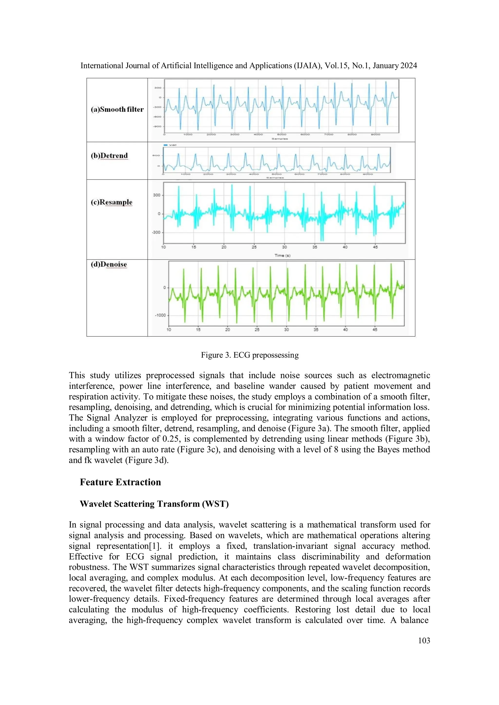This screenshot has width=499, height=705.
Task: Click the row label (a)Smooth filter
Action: click(117, 109)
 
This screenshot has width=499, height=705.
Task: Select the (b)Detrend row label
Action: click(109, 156)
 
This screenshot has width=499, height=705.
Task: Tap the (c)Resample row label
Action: click(112, 202)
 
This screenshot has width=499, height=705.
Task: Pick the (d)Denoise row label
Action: click(109, 264)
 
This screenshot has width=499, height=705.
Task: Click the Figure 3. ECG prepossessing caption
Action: click(249, 355)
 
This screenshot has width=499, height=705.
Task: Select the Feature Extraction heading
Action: click(120, 482)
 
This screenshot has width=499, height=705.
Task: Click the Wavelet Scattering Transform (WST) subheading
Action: click(154, 504)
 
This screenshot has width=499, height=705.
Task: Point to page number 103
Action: click(424, 640)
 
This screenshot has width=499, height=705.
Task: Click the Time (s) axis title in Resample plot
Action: click(282, 255)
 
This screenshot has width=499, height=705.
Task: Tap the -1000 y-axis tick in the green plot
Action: click(160, 315)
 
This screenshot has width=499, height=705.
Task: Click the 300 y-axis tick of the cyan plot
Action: click(157, 195)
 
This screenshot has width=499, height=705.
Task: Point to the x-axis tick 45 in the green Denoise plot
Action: click(375, 329)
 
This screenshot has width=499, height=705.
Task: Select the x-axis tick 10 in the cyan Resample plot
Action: click(163, 247)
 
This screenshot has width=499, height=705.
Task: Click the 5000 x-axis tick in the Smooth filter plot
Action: click(281, 134)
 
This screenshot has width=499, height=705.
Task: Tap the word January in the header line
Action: click(382, 66)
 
